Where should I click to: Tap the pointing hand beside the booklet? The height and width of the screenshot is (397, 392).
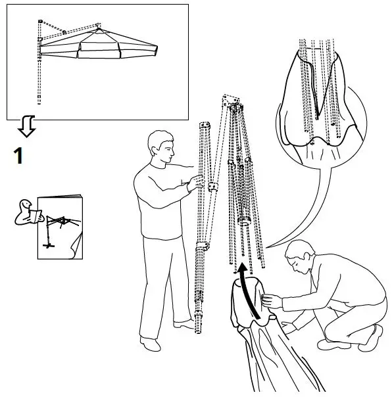[26, 213]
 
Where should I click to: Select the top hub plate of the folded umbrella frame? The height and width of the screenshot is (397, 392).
[232, 101]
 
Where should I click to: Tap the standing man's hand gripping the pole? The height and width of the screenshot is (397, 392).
[198, 183]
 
